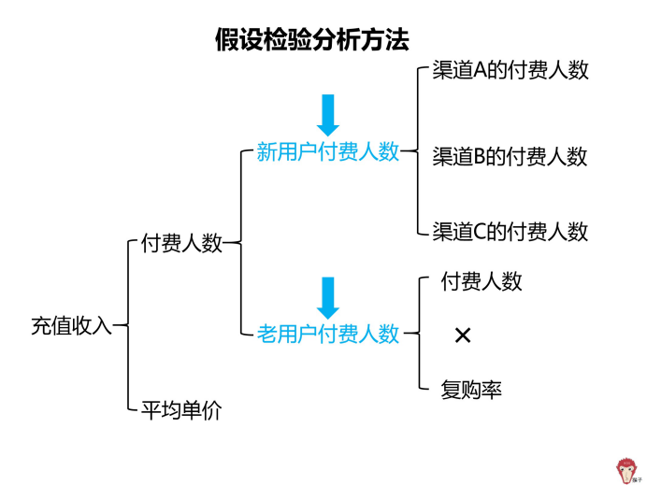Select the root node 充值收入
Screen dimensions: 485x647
pyautogui.click(x=71, y=326)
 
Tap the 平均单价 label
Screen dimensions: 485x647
pyautogui.click(x=180, y=410)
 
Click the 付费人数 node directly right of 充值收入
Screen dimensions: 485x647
pyautogui.click(x=181, y=244)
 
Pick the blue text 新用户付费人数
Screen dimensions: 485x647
pyautogui.click(x=327, y=152)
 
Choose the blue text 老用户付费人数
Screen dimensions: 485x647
pyautogui.click(x=327, y=333)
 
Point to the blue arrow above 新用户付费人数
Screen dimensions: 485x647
pyautogui.click(x=327, y=115)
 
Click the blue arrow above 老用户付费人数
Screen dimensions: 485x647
pyautogui.click(x=327, y=297)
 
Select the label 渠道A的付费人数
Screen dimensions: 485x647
pyautogui.click(x=510, y=70)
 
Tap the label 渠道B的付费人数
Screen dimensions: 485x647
pyautogui.click(x=510, y=156)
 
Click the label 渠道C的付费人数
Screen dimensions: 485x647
pyautogui.click(x=510, y=231)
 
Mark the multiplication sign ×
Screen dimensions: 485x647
pyautogui.click(x=462, y=335)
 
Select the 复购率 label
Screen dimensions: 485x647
pyautogui.click(x=471, y=390)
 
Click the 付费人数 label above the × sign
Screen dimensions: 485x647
pyautogui.click(x=482, y=281)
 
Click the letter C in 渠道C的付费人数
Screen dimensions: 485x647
pyautogui.click(x=482, y=231)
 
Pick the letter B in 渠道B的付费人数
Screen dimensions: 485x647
pyautogui.click(x=482, y=156)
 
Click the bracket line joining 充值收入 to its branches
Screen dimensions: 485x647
pyautogui.click(x=127, y=326)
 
